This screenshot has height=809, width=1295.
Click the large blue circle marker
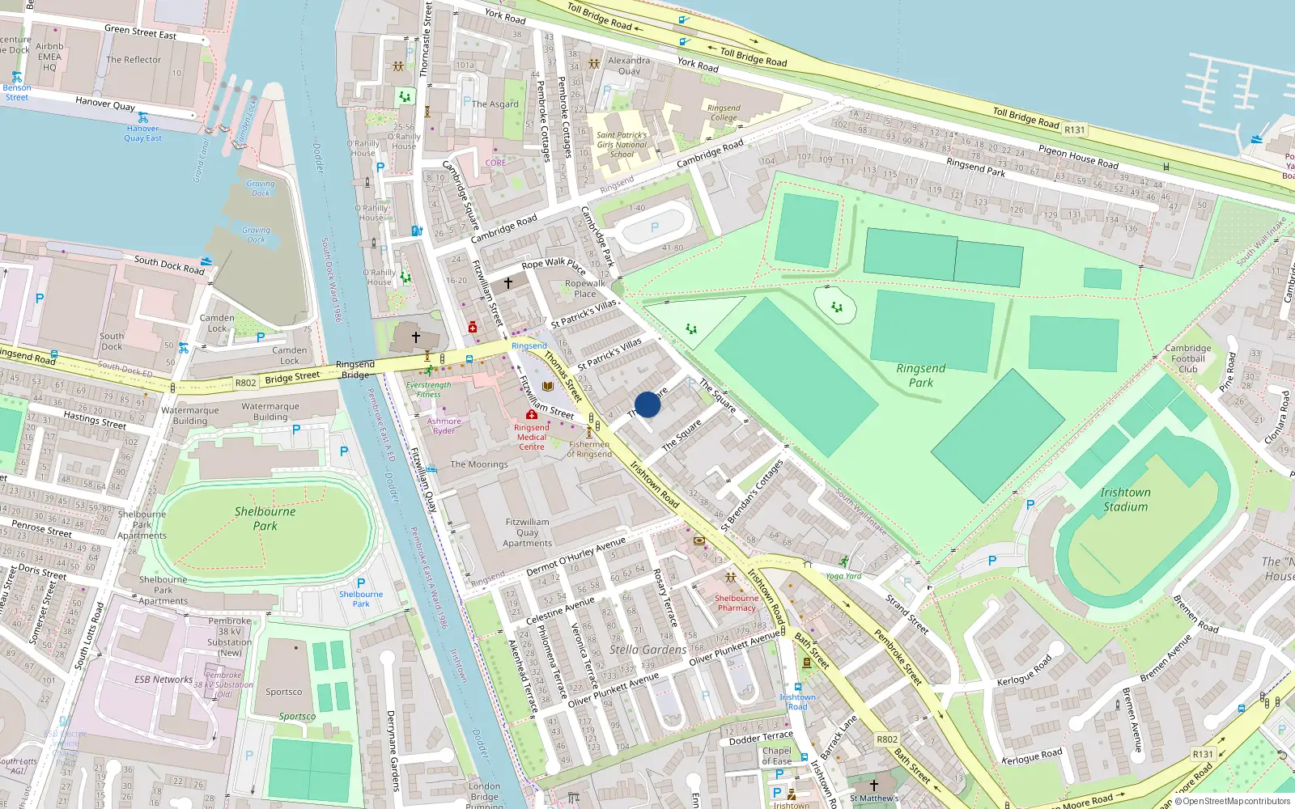click(647, 404)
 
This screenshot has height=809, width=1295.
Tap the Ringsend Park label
click(921, 375)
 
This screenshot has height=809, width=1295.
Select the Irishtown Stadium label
click(1125, 499)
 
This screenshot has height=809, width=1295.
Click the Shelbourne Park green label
click(265, 518)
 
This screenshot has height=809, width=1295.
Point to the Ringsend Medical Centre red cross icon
click(532, 414)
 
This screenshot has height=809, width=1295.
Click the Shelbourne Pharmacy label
click(737, 604)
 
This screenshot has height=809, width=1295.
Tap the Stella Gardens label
click(647, 650)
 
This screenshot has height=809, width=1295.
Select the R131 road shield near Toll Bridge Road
click(1075, 129)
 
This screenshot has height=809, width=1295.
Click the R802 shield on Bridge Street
click(245, 383)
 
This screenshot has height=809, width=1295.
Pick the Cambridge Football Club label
click(1188, 358)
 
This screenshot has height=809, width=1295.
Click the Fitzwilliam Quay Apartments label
click(527, 532)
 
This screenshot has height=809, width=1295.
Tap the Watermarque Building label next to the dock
click(270, 412)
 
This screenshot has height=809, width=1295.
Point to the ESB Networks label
click(163, 680)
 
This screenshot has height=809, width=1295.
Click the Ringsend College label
click(724, 112)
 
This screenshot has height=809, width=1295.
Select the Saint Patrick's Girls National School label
click(622, 145)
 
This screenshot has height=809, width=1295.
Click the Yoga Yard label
click(843, 576)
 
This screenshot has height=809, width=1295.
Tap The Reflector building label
click(134, 60)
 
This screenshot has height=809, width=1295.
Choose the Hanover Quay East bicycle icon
click(143, 118)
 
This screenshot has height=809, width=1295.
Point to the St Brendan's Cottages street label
click(753, 495)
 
